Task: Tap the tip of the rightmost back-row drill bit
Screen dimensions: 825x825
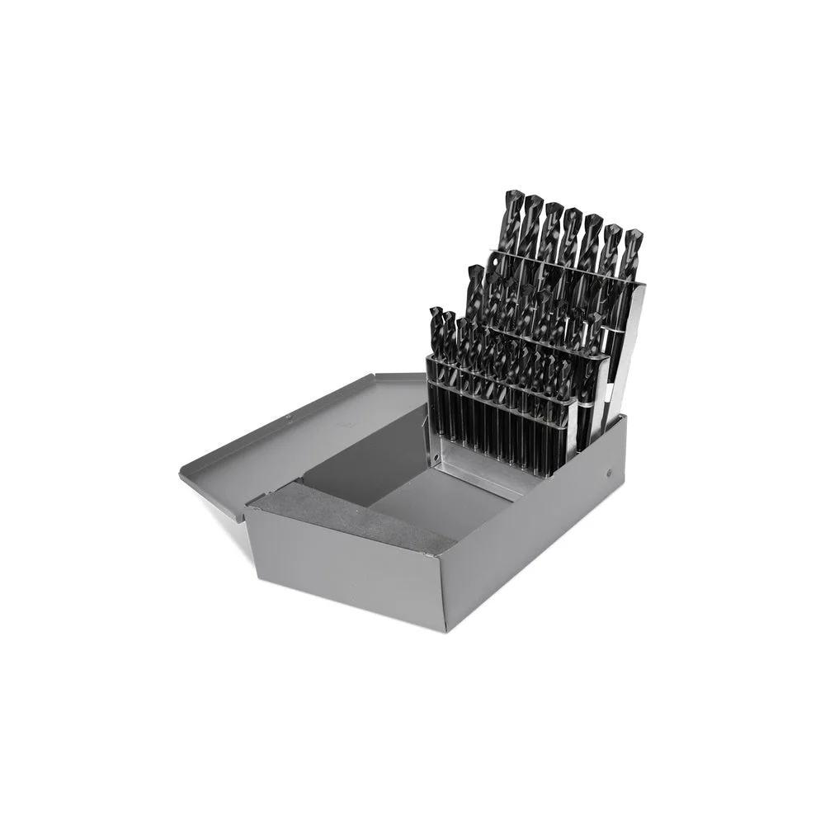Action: (x=634, y=233)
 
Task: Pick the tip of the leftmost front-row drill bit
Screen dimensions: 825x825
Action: (x=436, y=311)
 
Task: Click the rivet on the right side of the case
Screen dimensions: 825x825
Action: (x=609, y=473)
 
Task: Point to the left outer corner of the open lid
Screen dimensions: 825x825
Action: (x=181, y=474)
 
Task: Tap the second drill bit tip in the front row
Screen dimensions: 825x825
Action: (x=450, y=315)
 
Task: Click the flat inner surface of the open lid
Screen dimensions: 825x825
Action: (x=297, y=445)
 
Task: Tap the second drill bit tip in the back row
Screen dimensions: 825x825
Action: (x=533, y=200)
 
